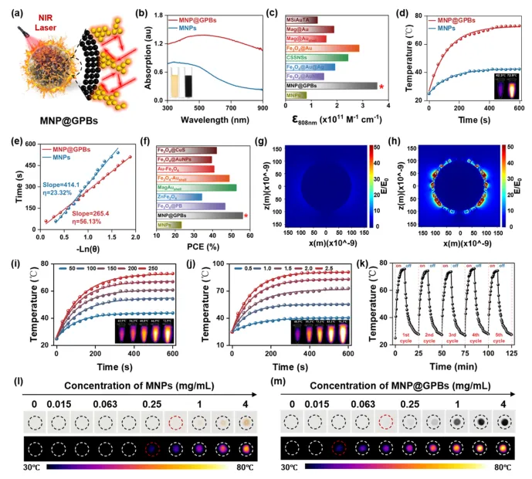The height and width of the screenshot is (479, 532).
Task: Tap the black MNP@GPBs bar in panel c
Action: (x=331, y=85)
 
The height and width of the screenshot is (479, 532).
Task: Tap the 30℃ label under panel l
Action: (x=33, y=467)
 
